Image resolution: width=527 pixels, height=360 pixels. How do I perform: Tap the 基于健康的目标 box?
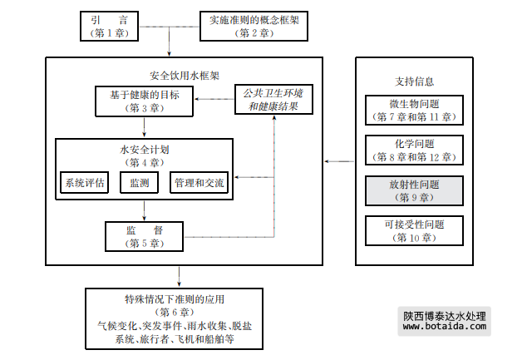click(x=145, y=101)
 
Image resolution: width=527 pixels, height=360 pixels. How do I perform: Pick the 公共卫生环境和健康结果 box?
click(x=273, y=99)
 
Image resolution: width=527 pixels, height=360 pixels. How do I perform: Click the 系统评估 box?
click(x=85, y=183)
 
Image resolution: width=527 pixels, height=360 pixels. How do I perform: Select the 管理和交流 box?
click(x=198, y=183)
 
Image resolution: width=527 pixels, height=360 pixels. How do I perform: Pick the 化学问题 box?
click(x=413, y=150)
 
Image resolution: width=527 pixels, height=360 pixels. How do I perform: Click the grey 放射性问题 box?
click(x=413, y=190)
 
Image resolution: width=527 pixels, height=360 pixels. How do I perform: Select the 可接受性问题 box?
click(x=413, y=230)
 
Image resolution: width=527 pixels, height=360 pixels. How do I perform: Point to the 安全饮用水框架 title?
click(x=185, y=74)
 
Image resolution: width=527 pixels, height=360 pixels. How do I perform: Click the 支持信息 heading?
click(x=414, y=81)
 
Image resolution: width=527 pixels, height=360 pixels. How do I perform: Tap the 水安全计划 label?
click(x=145, y=150)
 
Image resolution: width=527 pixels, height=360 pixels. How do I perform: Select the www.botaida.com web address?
click(x=444, y=327)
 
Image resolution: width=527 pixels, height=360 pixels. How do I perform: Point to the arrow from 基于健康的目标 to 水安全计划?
click(x=145, y=127)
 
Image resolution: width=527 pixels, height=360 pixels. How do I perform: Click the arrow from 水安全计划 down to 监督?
click(x=145, y=210)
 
